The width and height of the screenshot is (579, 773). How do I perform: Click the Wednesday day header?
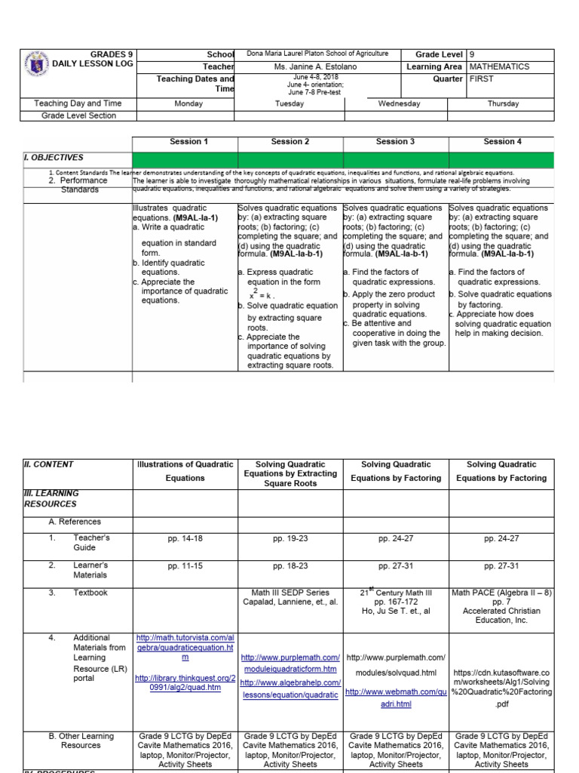click(399, 103)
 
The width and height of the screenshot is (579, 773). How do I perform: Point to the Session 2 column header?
click(290, 141)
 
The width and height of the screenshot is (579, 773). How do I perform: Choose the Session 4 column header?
click(502, 141)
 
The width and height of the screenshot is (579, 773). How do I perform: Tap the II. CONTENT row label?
click(50, 464)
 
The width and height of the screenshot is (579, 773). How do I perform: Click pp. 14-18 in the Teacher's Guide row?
click(185, 541)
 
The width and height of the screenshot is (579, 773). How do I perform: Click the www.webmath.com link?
click(396, 697)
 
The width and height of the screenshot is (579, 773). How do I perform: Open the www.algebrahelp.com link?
click(290, 688)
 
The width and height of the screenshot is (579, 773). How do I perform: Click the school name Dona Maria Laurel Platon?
click(317, 54)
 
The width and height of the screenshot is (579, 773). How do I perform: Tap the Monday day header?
click(188, 103)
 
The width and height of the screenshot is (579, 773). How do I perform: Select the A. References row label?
click(75, 522)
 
